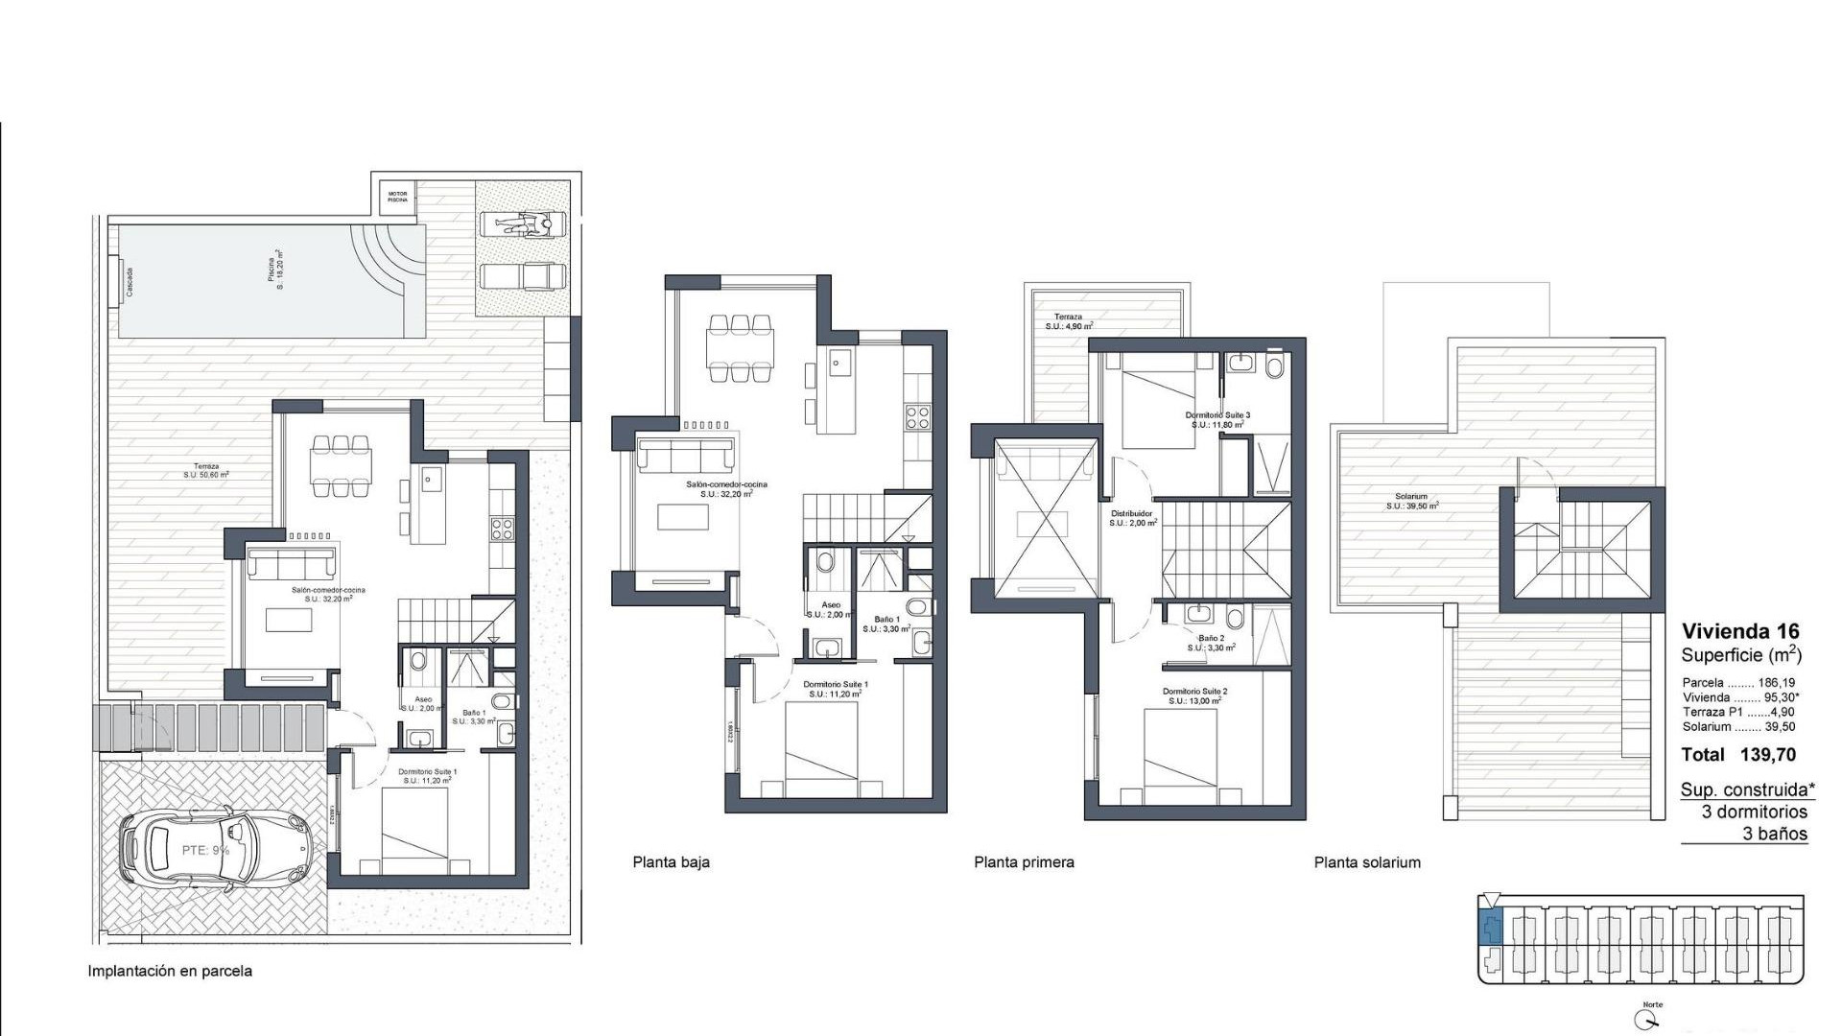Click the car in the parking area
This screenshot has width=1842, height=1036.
pos(217,848)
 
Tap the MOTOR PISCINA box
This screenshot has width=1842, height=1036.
pos(397,197)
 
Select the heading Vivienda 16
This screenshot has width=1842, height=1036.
pos(1740,631)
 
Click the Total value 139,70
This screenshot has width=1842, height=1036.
pos(1767,755)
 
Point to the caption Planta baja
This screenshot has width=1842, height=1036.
pos(671,862)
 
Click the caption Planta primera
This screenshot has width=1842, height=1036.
pos(1024,862)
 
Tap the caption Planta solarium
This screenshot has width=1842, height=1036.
pos(1367,862)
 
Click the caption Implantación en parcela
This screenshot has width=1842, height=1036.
pos(170,971)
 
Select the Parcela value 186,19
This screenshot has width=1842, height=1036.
pos(1776,683)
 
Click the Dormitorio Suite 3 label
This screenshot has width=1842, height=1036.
pos(1217,419)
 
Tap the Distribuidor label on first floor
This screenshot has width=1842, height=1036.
pos(1133,518)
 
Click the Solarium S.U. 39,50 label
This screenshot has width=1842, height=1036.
pos(1411,501)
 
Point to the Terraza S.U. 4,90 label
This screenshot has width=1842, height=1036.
pos(1069,321)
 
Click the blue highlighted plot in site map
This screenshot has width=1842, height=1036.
pos(1491,928)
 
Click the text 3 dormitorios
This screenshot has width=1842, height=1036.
pos(1755,812)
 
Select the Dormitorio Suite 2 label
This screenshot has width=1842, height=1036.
pos(1194,695)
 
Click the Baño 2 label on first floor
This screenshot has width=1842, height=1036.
pos(1211,642)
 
